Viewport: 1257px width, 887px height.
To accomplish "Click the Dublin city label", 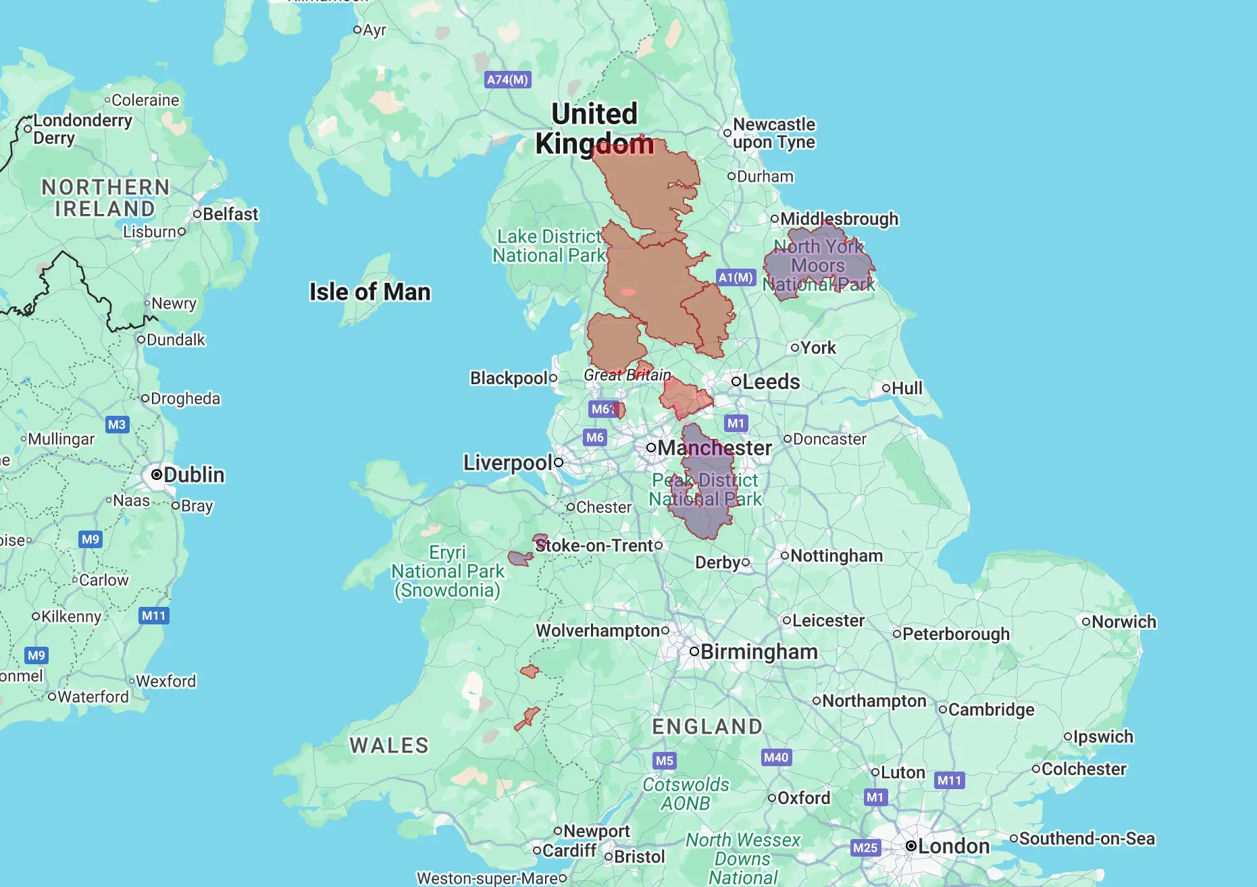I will pyautogui.click(x=193, y=475).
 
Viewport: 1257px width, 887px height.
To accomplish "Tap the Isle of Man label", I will pyautogui.click(x=369, y=292).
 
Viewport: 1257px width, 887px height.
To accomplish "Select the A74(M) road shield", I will pyautogui.click(x=508, y=80).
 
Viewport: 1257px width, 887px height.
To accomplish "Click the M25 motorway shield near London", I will pyautogui.click(x=865, y=848).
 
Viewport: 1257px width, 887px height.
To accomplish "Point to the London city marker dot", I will pyautogui.click(x=911, y=846).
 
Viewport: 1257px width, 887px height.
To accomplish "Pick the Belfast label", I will pyautogui.click(x=230, y=214).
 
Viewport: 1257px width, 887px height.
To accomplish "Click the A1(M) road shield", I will pyautogui.click(x=736, y=277).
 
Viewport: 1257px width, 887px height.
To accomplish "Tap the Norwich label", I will pyautogui.click(x=1123, y=622).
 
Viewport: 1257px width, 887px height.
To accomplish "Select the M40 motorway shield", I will pyautogui.click(x=776, y=757).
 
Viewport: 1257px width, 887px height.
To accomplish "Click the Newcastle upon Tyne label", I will pyautogui.click(x=773, y=133).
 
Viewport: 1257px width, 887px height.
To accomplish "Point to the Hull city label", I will pyautogui.click(x=906, y=388).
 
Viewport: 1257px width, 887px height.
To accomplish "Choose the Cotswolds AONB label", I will pyautogui.click(x=686, y=794).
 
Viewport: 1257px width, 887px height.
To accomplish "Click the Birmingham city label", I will pyautogui.click(x=759, y=651).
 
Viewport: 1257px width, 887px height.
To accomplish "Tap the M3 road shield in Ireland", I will pyautogui.click(x=117, y=425).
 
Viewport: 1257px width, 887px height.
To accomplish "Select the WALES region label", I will pyautogui.click(x=389, y=745).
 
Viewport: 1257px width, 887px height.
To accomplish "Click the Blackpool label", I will pyautogui.click(x=509, y=378).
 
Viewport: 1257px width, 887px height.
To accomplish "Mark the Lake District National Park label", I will pyautogui.click(x=549, y=246).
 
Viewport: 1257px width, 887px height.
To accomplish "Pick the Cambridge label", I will pyautogui.click(x=991, y=709).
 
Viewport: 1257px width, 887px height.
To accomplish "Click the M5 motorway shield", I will pyautogui.click(x=665, y=761).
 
